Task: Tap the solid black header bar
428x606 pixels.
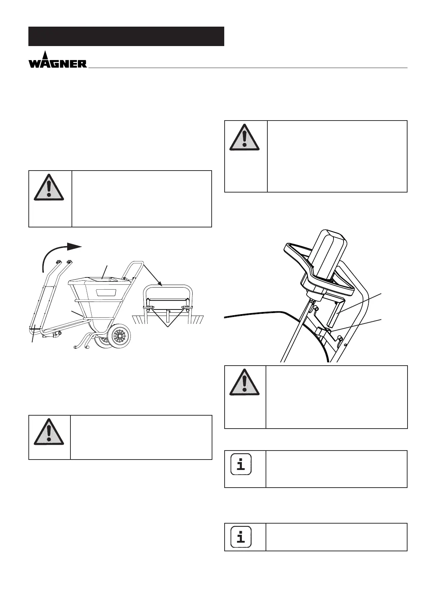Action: coord(126,36)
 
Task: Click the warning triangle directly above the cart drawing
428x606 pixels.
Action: coord(49,188)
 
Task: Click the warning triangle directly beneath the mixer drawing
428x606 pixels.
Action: coord(244,382)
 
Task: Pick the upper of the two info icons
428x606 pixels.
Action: coord(241,465)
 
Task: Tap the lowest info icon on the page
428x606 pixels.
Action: coord(241,537)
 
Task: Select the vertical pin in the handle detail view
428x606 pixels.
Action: coord(168,318)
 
